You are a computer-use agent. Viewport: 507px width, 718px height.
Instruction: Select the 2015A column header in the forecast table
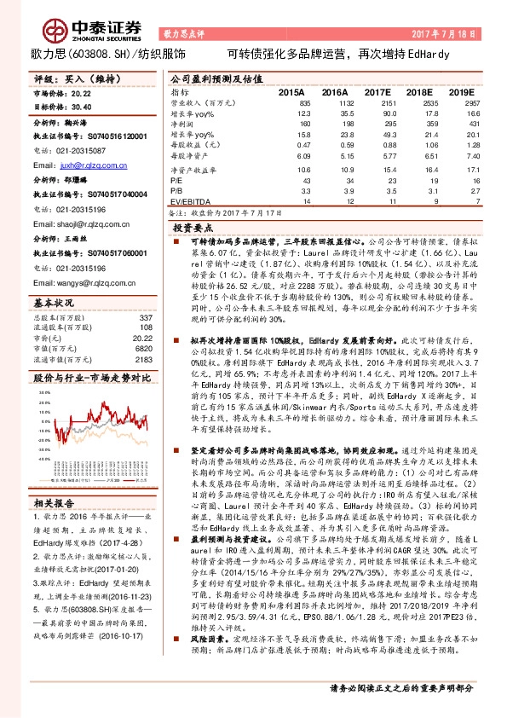pyautogui.click(x=292, y=90)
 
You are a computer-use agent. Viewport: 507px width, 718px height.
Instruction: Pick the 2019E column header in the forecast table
pyautogui.click(x=461, y=90)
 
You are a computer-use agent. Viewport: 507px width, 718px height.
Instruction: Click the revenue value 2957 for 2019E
pyautogui.click(x=461, y=101)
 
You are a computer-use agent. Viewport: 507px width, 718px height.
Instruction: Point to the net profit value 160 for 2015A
pyautogui.click(x=303, y=124)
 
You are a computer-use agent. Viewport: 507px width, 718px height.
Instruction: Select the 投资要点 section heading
pyautogui.click(x=193, y=229)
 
